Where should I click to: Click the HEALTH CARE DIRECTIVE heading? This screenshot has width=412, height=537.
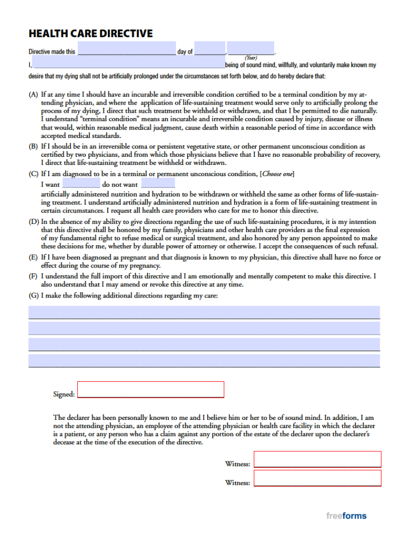(91, 33)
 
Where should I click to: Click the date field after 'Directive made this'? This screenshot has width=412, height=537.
(127, 49)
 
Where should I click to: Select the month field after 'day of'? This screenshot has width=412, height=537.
(210, 48)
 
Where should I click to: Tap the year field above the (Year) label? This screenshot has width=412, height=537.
(251, 48)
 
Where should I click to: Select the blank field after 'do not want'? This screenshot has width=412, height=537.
(158, 184)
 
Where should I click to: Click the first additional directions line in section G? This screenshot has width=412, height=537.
(204, 312)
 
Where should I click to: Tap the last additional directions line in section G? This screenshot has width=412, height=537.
(204, 360)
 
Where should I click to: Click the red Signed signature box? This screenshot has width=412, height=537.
(151, 389)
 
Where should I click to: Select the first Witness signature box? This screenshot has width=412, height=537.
(317, 459)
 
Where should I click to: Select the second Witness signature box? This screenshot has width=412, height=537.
(317, 478)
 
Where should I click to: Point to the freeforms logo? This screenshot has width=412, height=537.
(347, 516)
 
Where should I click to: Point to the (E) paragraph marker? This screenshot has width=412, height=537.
(33, 258)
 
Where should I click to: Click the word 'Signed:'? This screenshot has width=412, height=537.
(64, 395)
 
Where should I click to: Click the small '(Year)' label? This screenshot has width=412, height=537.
(251, 57)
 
